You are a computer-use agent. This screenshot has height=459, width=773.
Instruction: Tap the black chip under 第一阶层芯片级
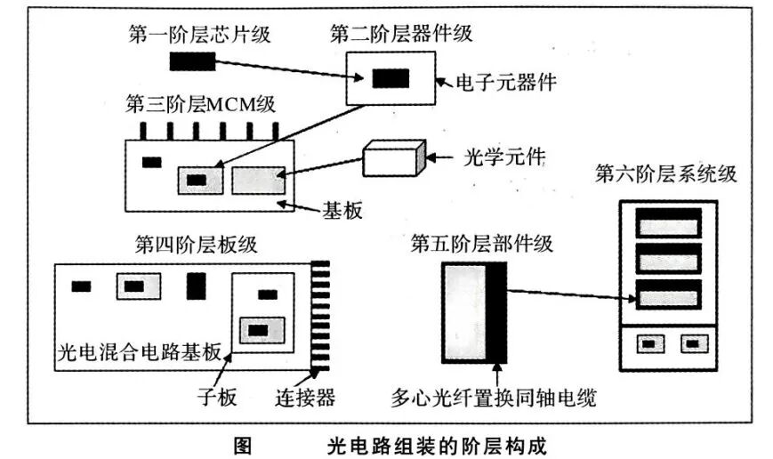pos(192,61)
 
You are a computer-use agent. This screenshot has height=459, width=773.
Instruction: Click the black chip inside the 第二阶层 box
pos(391,78)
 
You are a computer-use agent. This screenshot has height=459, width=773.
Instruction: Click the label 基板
pos(342,210)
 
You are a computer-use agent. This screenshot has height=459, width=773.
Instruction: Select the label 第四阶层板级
pos(197,242)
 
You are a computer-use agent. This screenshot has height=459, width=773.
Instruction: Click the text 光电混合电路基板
pos(137,349)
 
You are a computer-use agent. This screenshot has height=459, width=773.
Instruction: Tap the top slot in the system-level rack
pos(668,222)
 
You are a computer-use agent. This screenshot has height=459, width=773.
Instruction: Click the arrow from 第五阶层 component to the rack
pos(569,295)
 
